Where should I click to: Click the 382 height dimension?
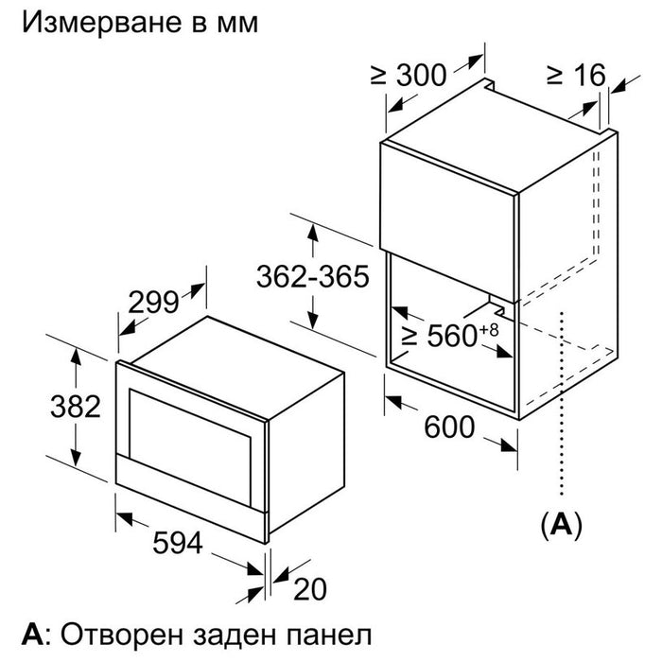(76, 407)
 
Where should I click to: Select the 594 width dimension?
(178, 543)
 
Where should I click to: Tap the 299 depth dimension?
(153, 303)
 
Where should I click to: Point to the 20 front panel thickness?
(310, 589)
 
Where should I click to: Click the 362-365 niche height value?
(313, 277)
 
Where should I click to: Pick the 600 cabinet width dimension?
(449, 427)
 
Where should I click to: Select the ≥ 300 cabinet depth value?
(408, 75)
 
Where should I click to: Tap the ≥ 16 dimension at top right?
(576, 75)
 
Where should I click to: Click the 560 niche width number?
(453, 336)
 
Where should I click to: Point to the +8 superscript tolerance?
(489, 329)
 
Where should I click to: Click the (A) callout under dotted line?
(561, 524)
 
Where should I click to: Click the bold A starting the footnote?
(32, 635)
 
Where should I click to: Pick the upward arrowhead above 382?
(76, 356)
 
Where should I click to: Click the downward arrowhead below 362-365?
(313, 320)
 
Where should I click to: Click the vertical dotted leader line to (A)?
(562, 403)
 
